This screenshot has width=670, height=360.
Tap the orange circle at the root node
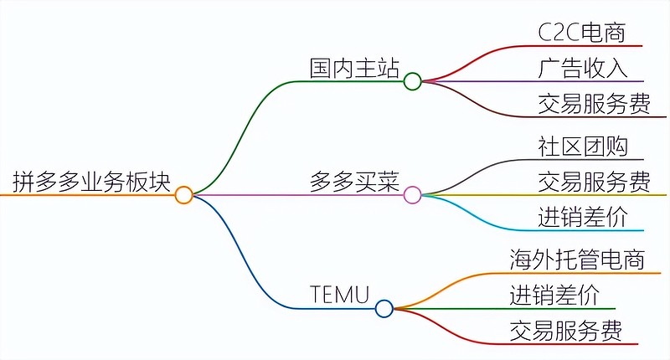click(184, 195)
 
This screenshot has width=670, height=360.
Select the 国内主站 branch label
click(354, 67)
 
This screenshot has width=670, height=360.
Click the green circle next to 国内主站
click(412, 81)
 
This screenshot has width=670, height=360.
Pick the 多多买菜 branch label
click(354, 182)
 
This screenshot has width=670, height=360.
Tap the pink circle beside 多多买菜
click(412, 195)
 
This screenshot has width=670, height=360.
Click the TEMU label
click(339, 295)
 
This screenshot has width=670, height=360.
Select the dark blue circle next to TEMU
click(384, 309)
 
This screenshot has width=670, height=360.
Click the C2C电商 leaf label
click(581, 31)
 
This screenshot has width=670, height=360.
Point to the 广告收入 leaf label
click(581, 67)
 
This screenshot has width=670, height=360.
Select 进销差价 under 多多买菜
click(581, 217)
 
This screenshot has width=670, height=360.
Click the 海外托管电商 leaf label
click(577, 259)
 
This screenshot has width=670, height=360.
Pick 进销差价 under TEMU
click(554, 295)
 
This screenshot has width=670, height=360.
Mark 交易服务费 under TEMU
click(565, 331)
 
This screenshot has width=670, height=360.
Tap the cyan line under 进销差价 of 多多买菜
click(586, 230)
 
